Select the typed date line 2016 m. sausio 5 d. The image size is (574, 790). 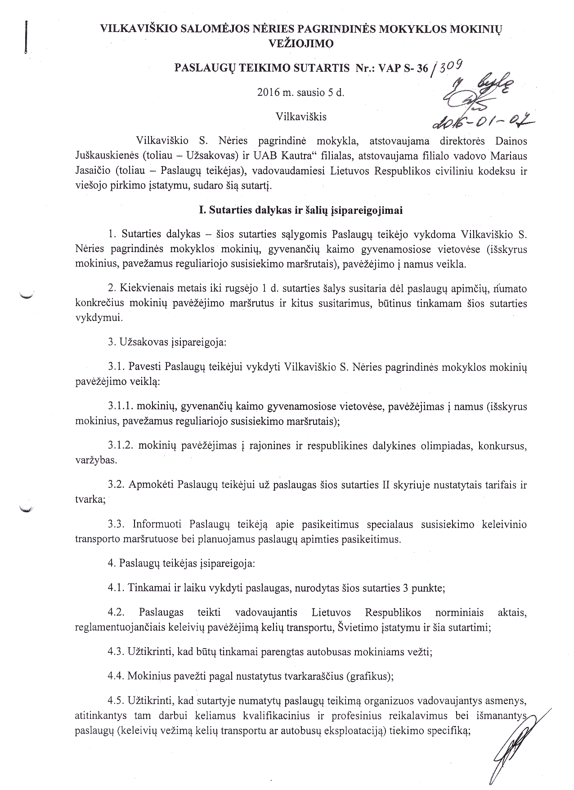pos(300,93)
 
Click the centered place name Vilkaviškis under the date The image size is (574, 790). pos(300,117)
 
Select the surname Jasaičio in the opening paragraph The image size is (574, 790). pos(94,171)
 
